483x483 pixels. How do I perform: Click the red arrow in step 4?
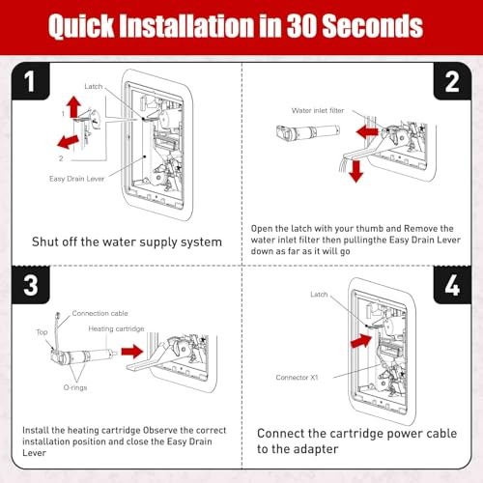pyautogui.click(x=361, y=338)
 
